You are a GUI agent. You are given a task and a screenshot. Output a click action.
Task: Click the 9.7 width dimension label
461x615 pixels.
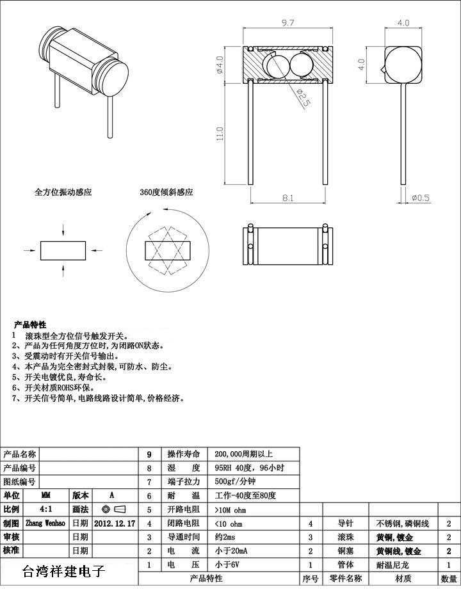pyautogui.click(x=287, y=23)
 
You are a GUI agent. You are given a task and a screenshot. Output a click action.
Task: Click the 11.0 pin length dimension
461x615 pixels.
pyautogui.click(x=220, y=134)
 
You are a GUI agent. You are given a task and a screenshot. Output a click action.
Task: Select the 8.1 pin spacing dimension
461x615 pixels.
pyautogui.click(x=288, y=198)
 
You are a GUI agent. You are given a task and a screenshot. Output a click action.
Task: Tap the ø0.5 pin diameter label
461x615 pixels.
pyautogui.click(x=421, y=198)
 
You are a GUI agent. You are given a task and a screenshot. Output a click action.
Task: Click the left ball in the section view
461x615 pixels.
pyautogui.click(x=275, y=65)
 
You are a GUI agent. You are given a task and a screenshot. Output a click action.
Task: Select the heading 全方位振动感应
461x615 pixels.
pyautogui.click(x=63, y=192)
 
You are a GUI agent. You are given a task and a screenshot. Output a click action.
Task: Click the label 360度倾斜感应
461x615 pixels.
pyautogui.click(x=166, y=192)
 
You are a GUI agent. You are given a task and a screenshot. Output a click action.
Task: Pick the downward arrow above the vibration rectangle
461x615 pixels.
pyautogui.click(x=63, y=230)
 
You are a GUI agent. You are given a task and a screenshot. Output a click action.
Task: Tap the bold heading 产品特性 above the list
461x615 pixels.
pyautogui.click(x=30, y=324)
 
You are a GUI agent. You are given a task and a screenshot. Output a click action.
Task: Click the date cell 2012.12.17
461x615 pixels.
pyautogui.click(x=115, y=523)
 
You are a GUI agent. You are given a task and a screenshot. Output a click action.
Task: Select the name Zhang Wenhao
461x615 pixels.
pyautogui.click(x=45, y=523)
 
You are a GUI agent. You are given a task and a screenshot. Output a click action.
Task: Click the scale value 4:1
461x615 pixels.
pyautogui.click(x=46, y=509)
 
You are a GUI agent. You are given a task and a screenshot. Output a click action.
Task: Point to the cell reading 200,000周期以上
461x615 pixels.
pyautogui.click(x=244, y=454)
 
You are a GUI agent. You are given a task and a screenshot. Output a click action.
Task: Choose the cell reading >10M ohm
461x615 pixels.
pyautogui.click(x=230, y=510)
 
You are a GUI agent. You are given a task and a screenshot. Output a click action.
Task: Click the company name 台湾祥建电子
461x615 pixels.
pyautogui.click(x=63, y=571)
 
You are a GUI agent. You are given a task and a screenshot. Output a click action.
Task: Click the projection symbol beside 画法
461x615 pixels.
pyautogui.click(x=113, y=509)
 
